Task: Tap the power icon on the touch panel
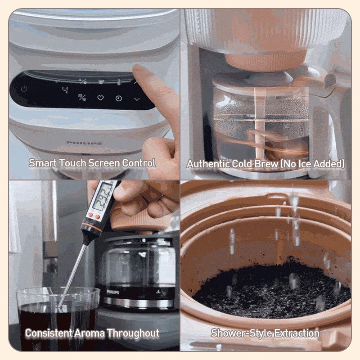(x=24, y=89)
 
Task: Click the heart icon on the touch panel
(x=100, y=98)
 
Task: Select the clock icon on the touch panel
(x=118, y=99)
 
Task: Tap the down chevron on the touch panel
(x=137, y=99)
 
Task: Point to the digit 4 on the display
(x=65, y=90)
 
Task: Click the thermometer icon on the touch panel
(x=119, y=82)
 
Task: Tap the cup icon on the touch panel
(x=101, y=81)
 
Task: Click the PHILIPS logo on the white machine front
(x=84, y=143)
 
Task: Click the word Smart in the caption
(x=42, y=163)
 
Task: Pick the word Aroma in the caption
(x=90, y=333)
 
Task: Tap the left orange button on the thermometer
(x=90, y=215)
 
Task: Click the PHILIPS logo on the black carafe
(x=113, y=292)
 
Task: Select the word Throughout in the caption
(x=133, y=333)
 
